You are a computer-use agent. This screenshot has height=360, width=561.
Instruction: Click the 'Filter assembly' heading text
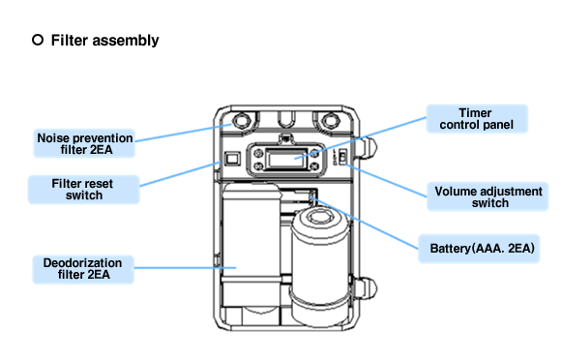click(104, 40)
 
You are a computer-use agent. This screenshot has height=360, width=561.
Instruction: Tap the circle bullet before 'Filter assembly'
click(38, 40)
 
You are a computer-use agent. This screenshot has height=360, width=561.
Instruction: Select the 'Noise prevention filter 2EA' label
click(84, 143)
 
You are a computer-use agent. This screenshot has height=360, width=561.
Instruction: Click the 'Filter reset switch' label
click(83, 190)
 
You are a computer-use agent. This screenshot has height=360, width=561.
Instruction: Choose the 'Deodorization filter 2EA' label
click(83, 269)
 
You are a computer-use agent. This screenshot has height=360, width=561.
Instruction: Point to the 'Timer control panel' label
click(477, 119)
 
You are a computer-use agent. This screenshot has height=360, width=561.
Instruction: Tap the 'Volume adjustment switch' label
click(487, 196)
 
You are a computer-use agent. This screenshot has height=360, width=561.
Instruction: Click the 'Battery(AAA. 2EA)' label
click(479, 249)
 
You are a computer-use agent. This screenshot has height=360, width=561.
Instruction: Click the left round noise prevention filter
click(242, 121)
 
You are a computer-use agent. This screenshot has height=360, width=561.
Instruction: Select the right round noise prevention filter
click(330, 121)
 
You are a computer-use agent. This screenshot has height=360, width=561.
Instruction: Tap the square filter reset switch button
click(232, 158)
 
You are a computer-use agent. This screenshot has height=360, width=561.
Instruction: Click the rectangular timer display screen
click(286, 159)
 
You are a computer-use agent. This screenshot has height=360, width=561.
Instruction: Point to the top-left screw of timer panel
click(258, 153)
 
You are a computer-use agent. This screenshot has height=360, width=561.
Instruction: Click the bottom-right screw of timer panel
click(314, 166)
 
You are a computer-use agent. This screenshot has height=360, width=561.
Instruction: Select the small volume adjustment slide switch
click(342, 157)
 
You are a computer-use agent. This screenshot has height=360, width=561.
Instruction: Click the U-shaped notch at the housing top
click(286, 119)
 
